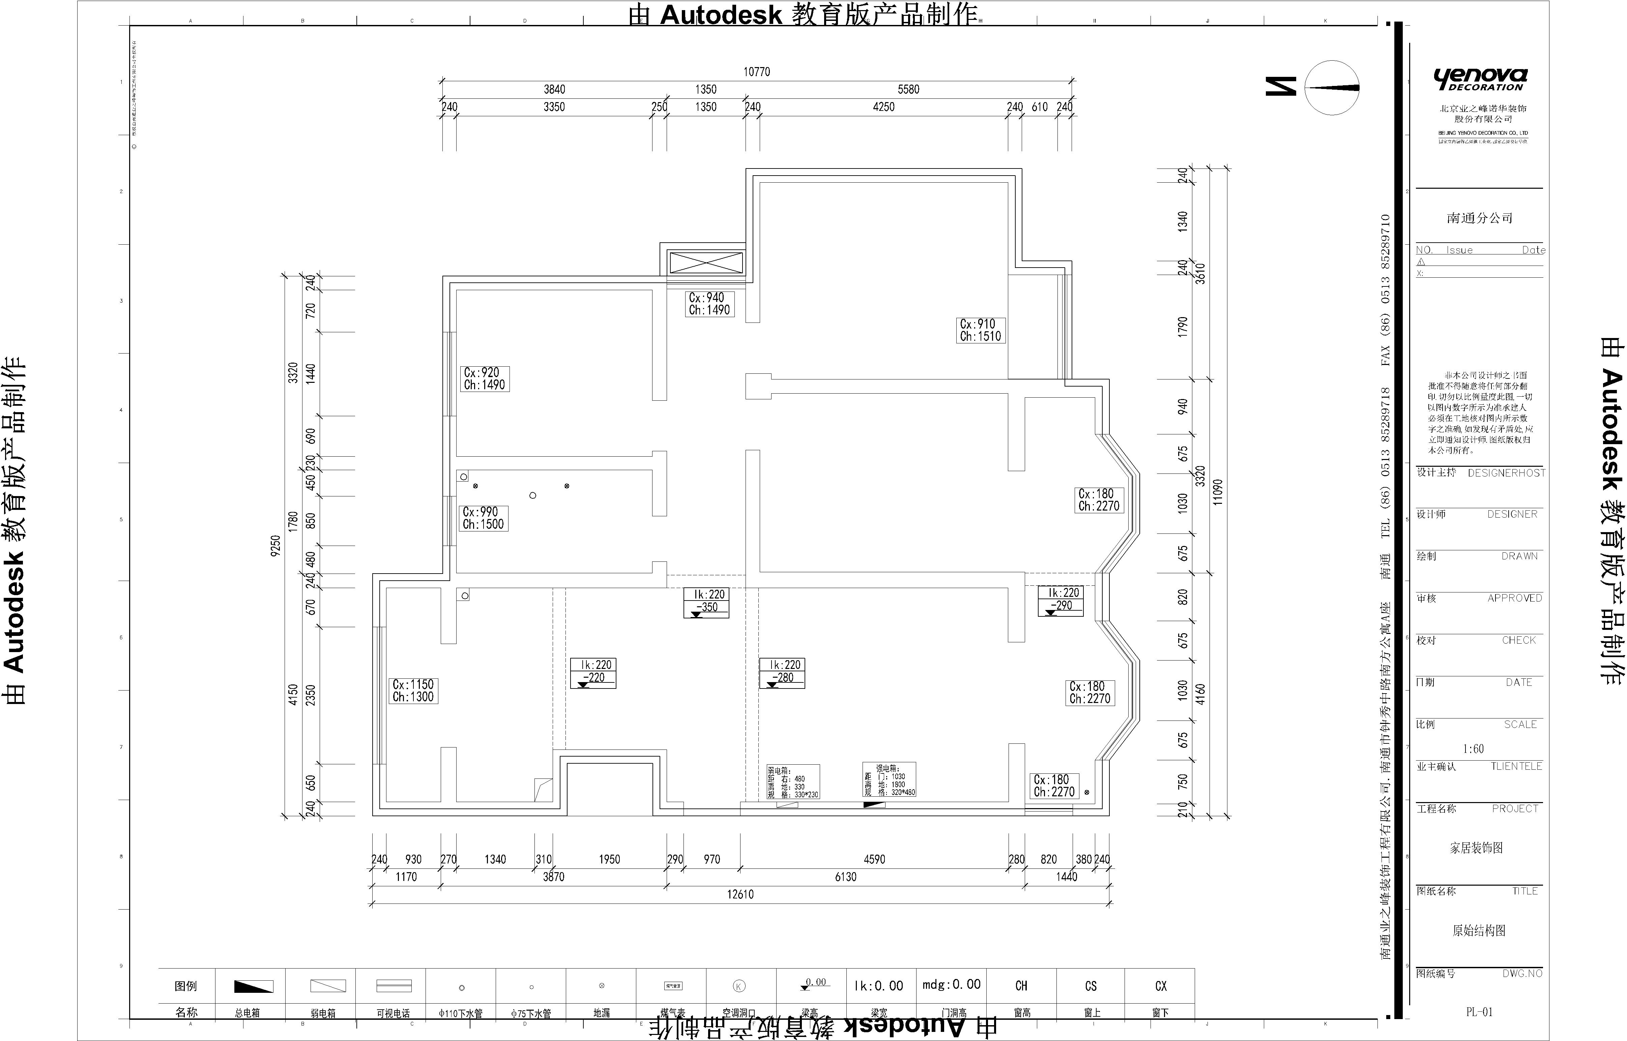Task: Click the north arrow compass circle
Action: pos(1332,88)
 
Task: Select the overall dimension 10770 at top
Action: pos(757,72)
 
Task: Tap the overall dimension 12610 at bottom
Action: pos(740,894)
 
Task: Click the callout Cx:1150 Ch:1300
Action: pos(413,691)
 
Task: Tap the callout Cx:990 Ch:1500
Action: pos(483,518)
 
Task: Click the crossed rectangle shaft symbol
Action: pos(706,262)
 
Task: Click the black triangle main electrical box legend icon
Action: pos(254,986)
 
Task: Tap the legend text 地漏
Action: pos(601,1013)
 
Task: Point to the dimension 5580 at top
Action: pos(908,89)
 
